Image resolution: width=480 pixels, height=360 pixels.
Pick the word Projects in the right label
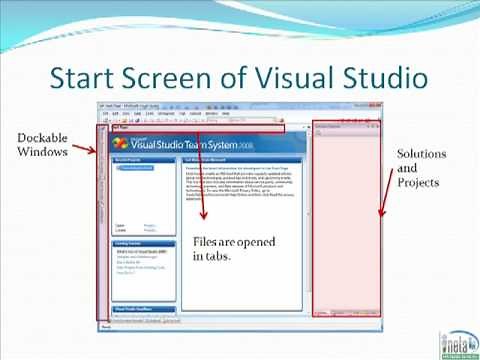click(418, 184)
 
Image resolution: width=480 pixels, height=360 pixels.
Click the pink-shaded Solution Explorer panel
click(346, 220)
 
